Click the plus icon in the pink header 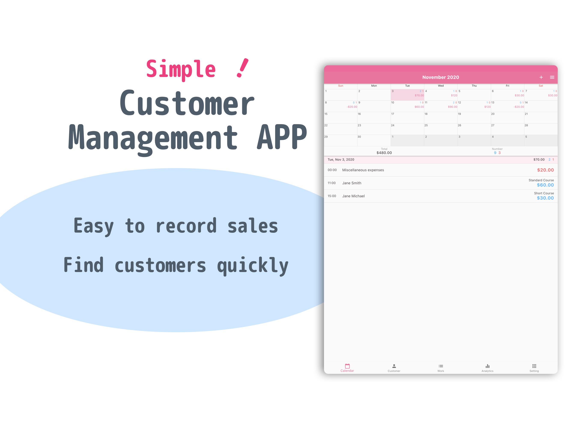point(541,77)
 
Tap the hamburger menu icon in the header point(552,77)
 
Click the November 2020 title point(441,77)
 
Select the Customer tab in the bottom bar point(394,368)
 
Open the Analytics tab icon point(487,366)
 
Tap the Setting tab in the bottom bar point(534,368)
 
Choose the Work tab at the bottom point(441,368)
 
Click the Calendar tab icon point(347,366)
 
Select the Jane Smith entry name point(352,183)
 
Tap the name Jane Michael point(353,196)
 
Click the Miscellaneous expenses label point(363,170)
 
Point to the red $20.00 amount point(545,170)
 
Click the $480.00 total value point(384,153)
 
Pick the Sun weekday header point(341,86)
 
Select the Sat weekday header point(541,86)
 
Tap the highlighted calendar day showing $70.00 point(407,95)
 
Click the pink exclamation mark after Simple point(243,68)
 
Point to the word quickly point(253,265)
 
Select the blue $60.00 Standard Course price point(545,185)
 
